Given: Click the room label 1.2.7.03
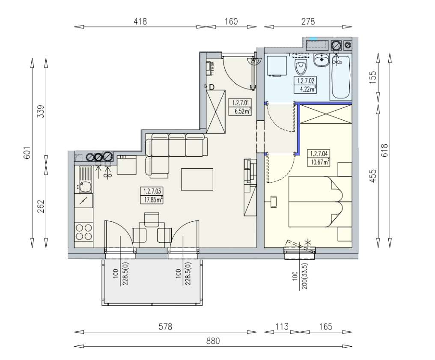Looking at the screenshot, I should (x=152, y=192).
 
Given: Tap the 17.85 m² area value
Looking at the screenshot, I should (x=152, y=199).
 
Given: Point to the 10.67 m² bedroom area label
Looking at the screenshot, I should (x=319, y=162).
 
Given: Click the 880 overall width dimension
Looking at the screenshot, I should (x=213, y=341).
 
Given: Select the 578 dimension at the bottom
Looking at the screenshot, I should (x=165, y=327).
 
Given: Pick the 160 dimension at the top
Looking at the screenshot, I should (x=231, y=21).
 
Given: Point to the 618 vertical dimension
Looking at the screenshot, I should (x=384, y=151).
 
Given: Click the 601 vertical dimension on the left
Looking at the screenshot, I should (x=27, y=153).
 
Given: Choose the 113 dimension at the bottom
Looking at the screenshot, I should (x=281, y=327).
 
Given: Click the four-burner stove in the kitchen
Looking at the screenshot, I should (x=84, y=232).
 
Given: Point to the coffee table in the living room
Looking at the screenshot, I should (x=197, y=179).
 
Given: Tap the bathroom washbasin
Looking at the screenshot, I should (x=321, y=60).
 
